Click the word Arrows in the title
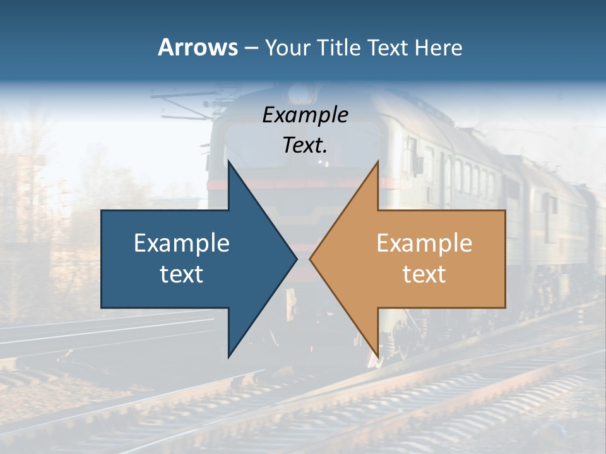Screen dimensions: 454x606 (x=198, y=47)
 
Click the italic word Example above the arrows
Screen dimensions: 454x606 (x=305, y=115)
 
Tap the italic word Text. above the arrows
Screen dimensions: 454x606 (x=305, y=145)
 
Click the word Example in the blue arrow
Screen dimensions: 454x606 (x=182, y=243)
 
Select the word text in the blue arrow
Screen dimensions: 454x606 (x=182, y=274)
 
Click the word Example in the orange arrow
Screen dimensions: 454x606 (x=424, y=243)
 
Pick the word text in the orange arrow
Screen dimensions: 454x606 (x=424, y=274)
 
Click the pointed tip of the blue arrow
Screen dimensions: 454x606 (x=296, y=259)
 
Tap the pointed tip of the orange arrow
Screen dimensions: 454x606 (x=310, y=259)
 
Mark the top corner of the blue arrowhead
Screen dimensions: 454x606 (x=229, y=162)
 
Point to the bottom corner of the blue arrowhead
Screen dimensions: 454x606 (x=229, y=356)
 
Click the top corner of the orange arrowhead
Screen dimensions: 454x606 (x=377, y=162)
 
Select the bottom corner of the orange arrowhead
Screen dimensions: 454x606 (x=377, y=356)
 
